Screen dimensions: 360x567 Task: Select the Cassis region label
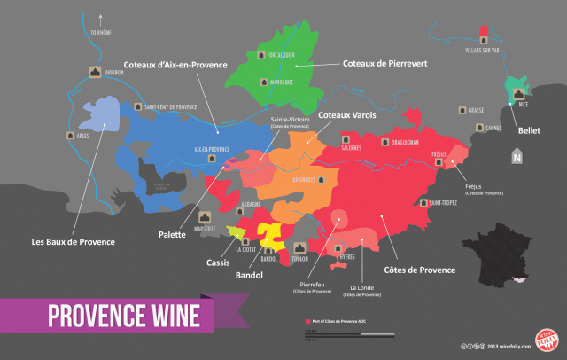[218, 262]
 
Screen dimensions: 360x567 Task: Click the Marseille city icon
[206, 215]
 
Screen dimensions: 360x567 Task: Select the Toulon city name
[302, 259]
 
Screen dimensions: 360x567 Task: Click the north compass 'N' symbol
[517, 159]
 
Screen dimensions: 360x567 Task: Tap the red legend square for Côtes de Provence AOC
[306, 319]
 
